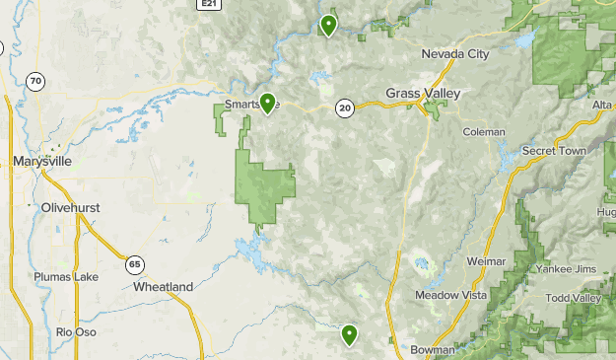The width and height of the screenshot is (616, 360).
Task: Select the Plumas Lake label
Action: coord(66,277)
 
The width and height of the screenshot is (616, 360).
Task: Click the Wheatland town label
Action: coord(163,286)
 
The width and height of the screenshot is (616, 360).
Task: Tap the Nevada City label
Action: coord(454,54)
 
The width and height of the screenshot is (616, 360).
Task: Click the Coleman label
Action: coord(484,131)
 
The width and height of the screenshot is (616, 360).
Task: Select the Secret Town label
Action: coord(554,151)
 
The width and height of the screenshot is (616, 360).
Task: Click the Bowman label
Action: coord(434,349)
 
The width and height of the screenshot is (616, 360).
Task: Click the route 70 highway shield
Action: coord(35,82)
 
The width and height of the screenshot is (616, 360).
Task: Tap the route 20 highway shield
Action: coord(344,108)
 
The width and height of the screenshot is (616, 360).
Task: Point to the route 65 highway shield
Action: coord(134,263)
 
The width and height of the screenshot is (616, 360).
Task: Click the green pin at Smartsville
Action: coord(266,103)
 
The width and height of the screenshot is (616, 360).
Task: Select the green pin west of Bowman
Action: coord(349,335)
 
